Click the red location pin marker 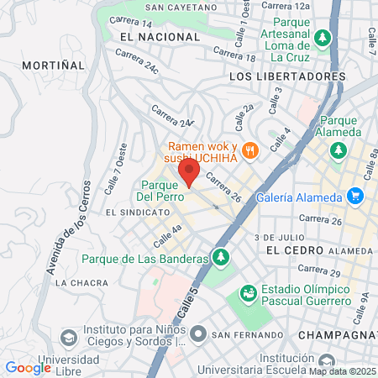(189, 172)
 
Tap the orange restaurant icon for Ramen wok (249, 151)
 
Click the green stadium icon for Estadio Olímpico (249, 294)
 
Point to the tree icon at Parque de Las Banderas (221, 257)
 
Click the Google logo (28, 367)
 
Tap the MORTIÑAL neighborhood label (54, 64)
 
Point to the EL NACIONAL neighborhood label (150, 38)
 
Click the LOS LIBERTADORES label (286, 76)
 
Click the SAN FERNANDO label (242, 335)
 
